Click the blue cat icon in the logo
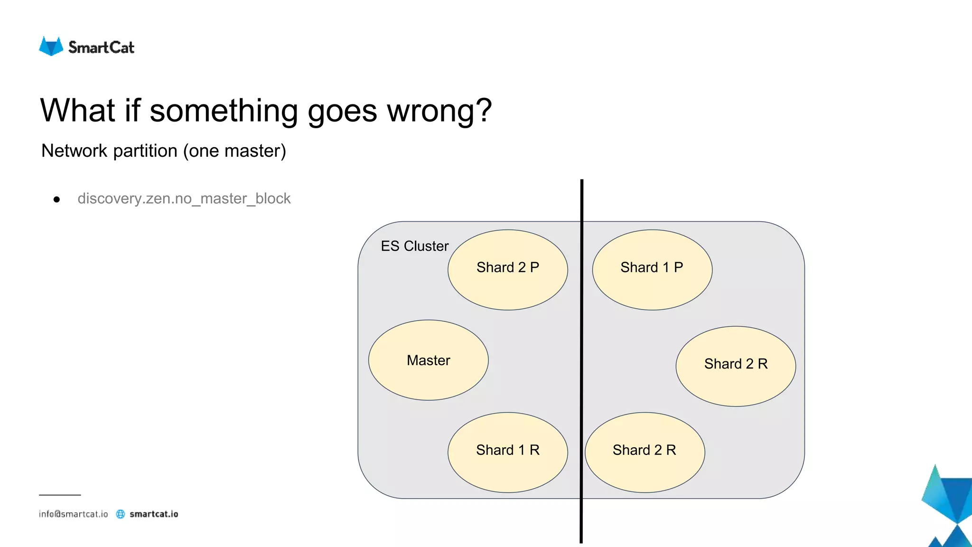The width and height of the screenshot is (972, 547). tap(51, 47)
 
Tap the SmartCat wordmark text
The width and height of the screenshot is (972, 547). tap(101, 47)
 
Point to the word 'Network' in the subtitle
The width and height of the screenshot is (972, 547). tap(75, 151)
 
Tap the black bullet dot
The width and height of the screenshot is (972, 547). tap(57, 199)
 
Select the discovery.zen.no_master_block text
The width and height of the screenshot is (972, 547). tap(184, 198)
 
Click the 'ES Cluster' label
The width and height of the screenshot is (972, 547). tap(414, 246)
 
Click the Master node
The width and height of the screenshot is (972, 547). tap(428, 360)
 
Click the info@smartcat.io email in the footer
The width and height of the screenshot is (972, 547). tap(74, 514)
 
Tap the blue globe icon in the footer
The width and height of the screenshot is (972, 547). tap(121, 514)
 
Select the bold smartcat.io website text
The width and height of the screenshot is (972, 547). tap(154, 514)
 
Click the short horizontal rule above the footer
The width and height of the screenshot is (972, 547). tap(60, 495)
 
